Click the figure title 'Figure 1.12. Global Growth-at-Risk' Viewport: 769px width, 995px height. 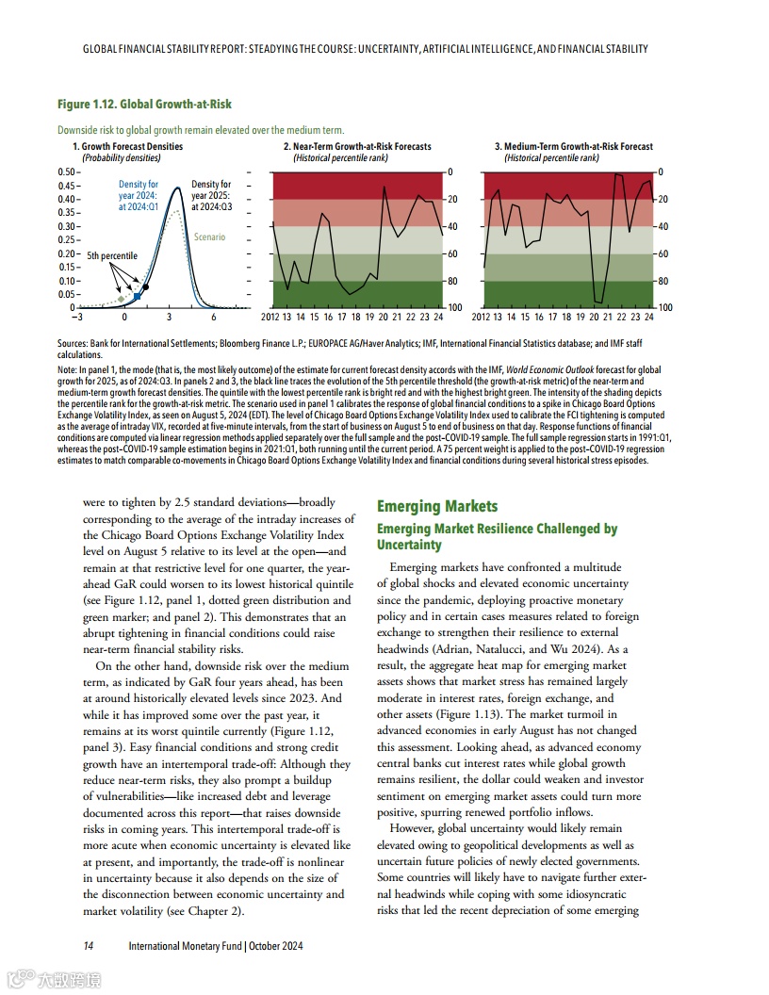pyautogui.click(x=144, y=104)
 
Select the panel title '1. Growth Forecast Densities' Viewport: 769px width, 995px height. pyautogui.click(x=127, y=147)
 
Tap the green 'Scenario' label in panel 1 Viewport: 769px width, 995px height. pyautogui.click(x=209, y=237)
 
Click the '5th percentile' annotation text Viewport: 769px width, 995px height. pyautogui.click(x=112, y=255)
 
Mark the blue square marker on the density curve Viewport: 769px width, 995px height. pyautogui.click(x=137, y=296)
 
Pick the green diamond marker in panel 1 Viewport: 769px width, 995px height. pyautogui.click(x=121, y=299)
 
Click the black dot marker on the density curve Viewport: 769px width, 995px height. pyautogui.click(x=146, y=285)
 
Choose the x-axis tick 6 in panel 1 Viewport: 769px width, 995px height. pyautogui.click(x=214, y=318)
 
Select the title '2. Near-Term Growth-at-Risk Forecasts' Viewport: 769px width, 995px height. pyautogui.click(x=357, y=147)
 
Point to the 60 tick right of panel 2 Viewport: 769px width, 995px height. pyautogui.click(x=453, y=254)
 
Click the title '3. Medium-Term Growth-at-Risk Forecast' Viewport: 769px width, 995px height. pyautogui.click(x=573, y=147)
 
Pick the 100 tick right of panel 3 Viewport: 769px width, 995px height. pyautogui.click(x=665, y=308)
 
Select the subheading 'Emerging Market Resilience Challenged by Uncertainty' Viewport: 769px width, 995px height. pyautogui.click(x=497, y=536)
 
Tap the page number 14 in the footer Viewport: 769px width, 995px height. pyautogui.click(x=88, y=946)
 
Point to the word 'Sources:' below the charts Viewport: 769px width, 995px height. pyautogui.click(x=74, y=346)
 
